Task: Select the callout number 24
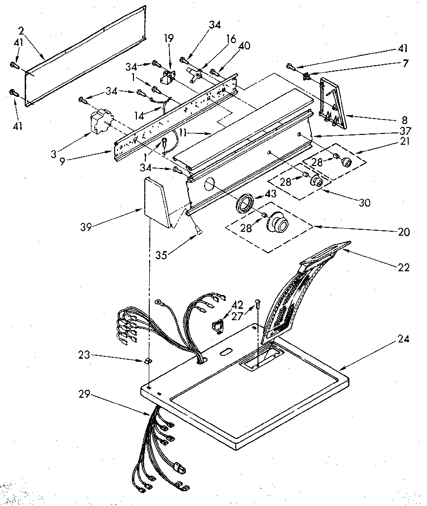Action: tap(403, 339)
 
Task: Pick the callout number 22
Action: tap(403, 267)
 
